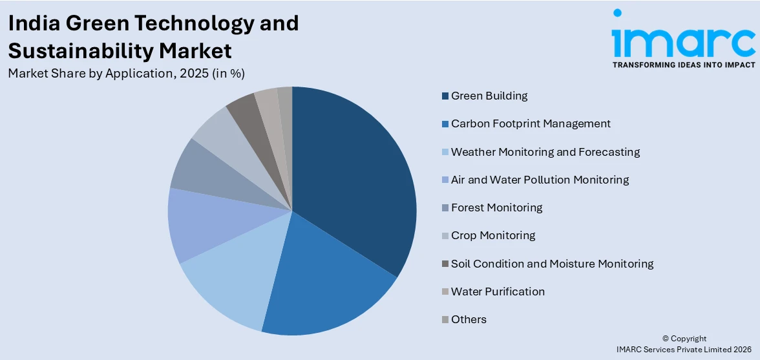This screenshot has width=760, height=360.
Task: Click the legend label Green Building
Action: click(x=489, y=96)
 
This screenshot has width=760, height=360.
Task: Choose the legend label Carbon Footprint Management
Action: click(x=531, y=123)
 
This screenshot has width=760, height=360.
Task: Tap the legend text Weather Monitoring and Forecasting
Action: click(x=545, y=152)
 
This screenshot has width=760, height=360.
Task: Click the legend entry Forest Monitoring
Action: click(x=496, y=207)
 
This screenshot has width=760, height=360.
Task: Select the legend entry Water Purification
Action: click(x=498, y=291)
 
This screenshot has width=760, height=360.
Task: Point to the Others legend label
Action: click(x=469, y=319)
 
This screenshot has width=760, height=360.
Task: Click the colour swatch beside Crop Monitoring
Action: click(x=445, y=236)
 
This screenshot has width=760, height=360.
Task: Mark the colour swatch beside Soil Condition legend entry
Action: click(x=445, y=264)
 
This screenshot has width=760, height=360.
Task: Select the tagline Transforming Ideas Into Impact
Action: click(x=683, y=65)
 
